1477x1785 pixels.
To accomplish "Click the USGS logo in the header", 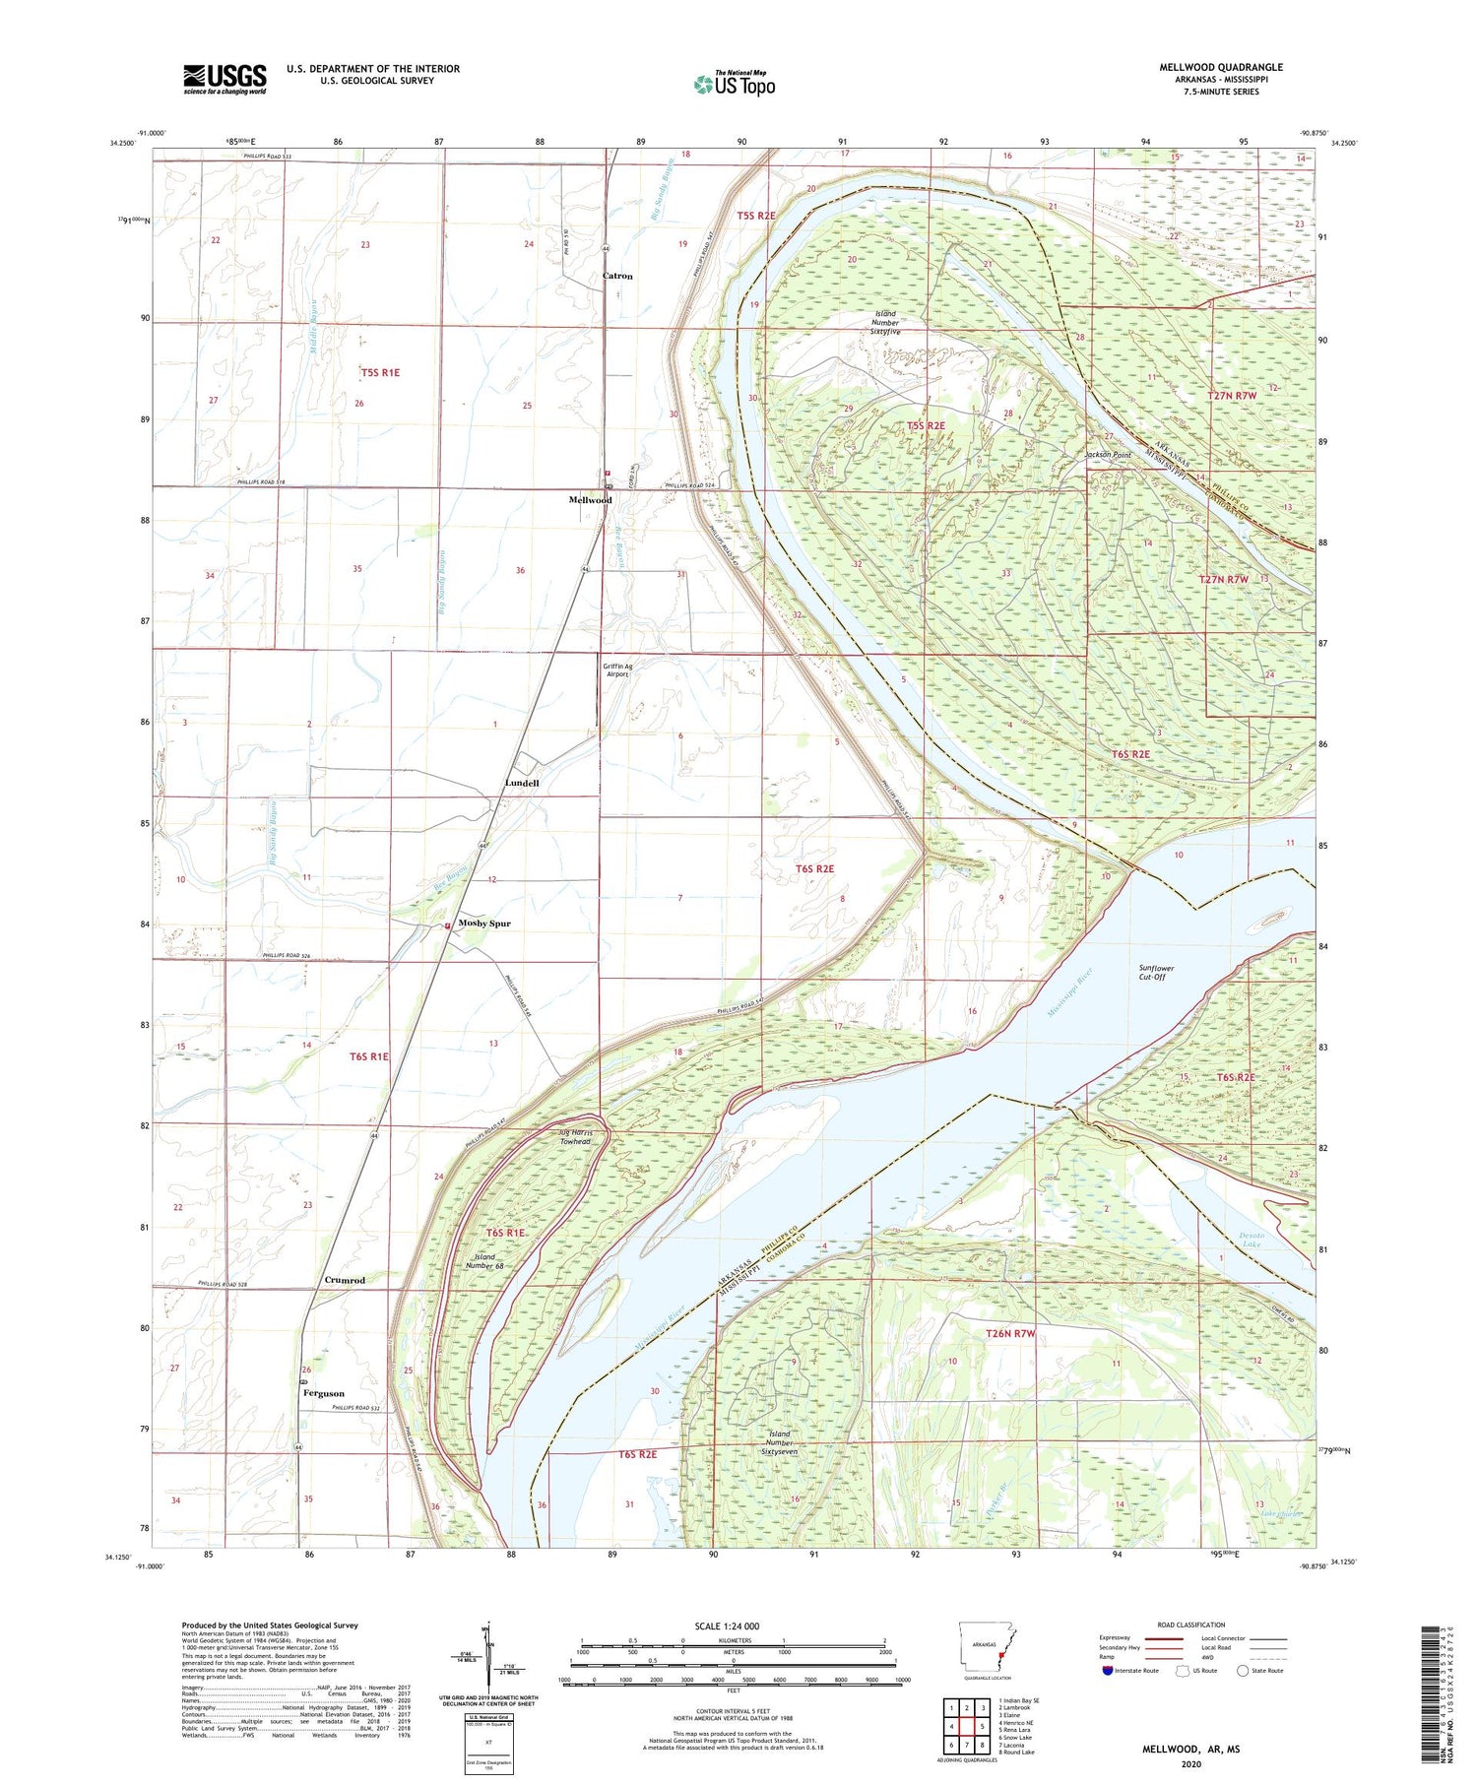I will click(225, 79).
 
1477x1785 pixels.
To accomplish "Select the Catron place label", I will click(617, 276).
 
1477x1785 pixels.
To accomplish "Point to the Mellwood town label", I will click(590, 500).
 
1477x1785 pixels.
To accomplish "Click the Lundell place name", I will click(522, 783).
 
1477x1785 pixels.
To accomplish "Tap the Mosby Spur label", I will click(483, 924).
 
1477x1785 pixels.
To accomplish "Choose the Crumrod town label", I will click(345, 1281).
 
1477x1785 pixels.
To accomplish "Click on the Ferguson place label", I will click(324, 1393).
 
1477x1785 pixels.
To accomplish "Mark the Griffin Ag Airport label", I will click(617, 670).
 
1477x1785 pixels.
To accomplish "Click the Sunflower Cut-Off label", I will click(1156, 972).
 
